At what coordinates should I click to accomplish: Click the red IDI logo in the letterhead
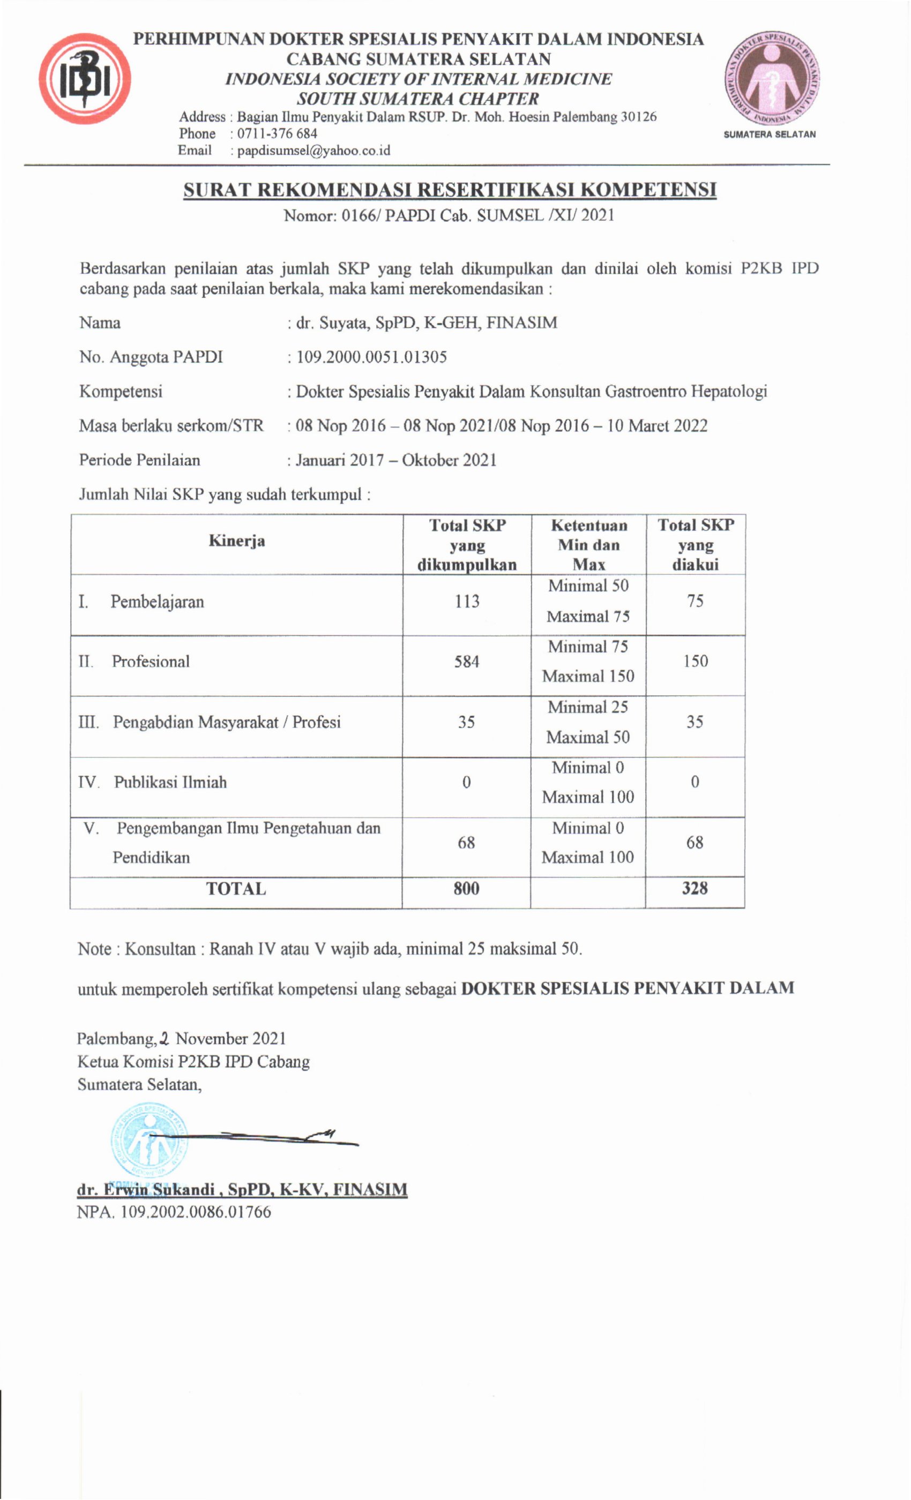(84, 79)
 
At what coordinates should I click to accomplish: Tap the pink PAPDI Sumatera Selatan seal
(771, 79)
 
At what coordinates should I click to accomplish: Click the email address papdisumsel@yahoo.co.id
(313, 151)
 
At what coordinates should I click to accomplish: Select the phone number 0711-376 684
(277, 133)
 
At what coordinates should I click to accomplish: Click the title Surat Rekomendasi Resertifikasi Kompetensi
(450, 190)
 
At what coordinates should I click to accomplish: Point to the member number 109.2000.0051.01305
(371, 357)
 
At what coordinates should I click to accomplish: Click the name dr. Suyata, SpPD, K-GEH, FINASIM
(426, 322)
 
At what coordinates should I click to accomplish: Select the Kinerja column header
(236, 541)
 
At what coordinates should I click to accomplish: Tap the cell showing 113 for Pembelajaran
(466, 602)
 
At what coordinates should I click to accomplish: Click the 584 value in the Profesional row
(466, 662)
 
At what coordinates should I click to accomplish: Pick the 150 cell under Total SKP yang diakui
(695, 661)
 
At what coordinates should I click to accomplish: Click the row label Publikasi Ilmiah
(170, 782)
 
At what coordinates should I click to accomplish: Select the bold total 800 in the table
(466, 888)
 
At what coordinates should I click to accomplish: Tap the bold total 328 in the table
(695, 888)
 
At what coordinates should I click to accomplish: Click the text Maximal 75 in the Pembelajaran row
(588, 617)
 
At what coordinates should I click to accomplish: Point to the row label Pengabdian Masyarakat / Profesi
(226, 722)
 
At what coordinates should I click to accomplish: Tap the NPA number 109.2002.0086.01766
(195, 1211)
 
